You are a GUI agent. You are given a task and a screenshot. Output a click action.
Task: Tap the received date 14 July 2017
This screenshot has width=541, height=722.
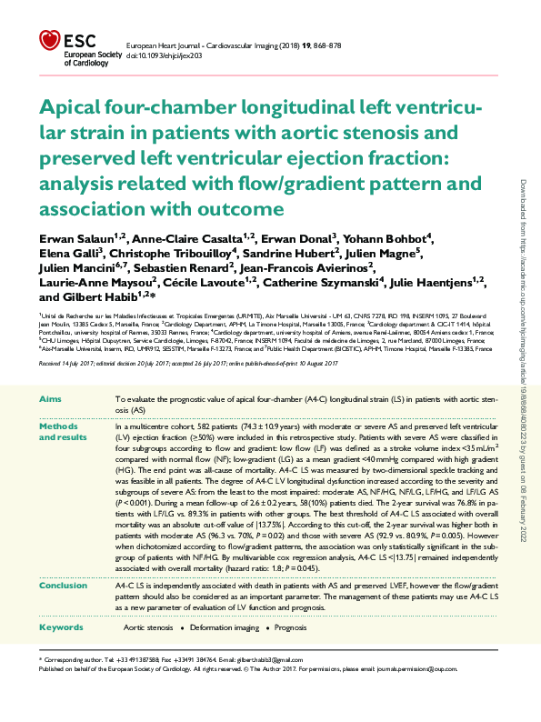[71, 363]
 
